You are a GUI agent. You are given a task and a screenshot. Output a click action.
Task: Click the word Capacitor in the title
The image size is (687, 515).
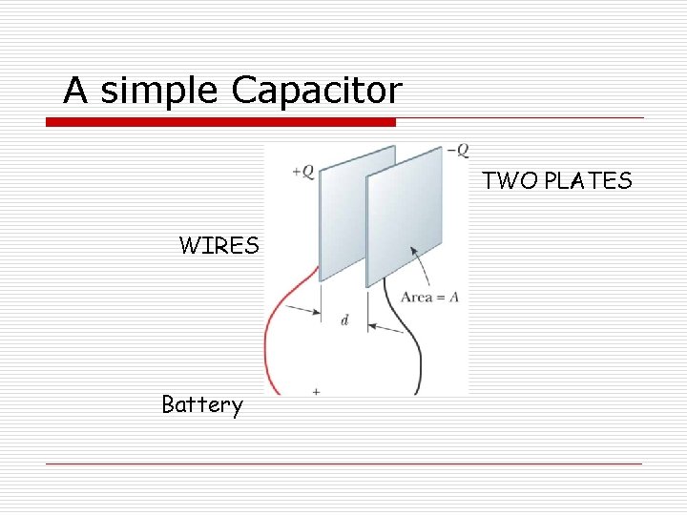[x=317, y=91]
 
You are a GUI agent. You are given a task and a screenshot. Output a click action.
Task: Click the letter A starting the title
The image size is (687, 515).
[x=75, y=91]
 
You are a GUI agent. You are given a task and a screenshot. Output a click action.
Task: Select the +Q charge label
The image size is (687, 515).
[x=302, y=172]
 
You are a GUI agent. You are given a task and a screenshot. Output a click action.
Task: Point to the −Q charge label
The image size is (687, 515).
[x=458, y=150]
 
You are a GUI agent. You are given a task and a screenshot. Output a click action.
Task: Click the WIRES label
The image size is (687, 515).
[x=219, y=246]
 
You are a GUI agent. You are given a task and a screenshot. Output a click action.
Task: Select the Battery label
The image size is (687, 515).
[x=202, y=405]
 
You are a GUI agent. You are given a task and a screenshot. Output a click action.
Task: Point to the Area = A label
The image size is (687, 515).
[x=429, y=298]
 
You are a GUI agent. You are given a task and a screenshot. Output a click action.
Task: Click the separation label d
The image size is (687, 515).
[x=344, y=320]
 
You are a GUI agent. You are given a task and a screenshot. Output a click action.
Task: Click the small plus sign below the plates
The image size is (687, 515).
[x=316, y=390]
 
